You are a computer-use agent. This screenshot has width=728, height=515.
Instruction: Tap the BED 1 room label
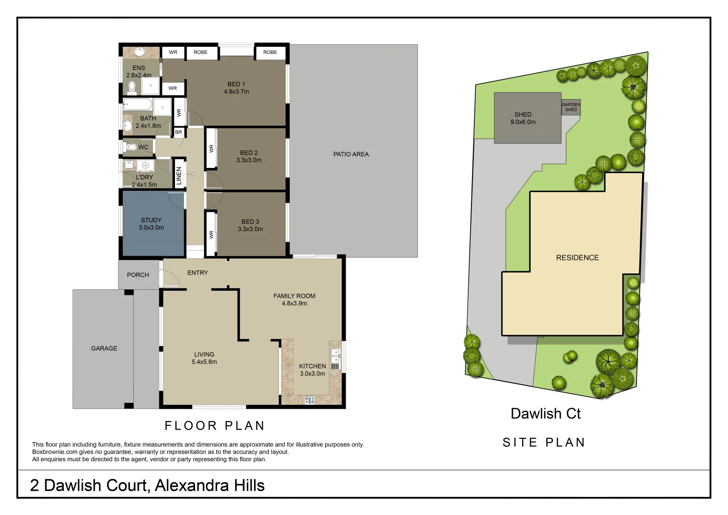tap(236, 84)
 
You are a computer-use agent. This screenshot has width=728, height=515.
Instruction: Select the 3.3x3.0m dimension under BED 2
tap(249, 160)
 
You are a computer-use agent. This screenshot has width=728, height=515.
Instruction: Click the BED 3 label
tap(250, 222)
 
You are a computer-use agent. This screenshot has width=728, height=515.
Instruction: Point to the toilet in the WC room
tap(131, 147)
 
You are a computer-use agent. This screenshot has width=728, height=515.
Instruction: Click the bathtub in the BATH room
tap(138, 104)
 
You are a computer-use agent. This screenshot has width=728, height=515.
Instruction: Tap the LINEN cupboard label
tap(179, 175)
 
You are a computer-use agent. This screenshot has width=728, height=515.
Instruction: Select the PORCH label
tap(138, 275)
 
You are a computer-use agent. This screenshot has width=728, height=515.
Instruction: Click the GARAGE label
tap(104, 349)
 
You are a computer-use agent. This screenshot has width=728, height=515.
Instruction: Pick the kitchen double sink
tap(336, 355)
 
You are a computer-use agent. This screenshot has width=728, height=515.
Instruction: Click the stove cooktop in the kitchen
tap(309, 400)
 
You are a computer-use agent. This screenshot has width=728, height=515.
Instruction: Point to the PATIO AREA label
tap(351, 154)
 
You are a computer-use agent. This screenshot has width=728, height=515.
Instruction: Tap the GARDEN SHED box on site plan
tap(571, 107)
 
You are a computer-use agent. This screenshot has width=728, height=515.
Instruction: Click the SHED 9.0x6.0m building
tap(527, 118)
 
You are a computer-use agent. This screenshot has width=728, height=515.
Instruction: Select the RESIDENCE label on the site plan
tap(577, 258)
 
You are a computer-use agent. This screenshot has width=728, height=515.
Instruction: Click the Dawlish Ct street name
tap(545, 414)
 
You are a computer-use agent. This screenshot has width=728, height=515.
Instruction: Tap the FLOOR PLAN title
tap(215, 426)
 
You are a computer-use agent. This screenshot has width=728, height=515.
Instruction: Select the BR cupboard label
tap(178, 133)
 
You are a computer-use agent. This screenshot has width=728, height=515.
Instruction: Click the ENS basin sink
tap(140, 51)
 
